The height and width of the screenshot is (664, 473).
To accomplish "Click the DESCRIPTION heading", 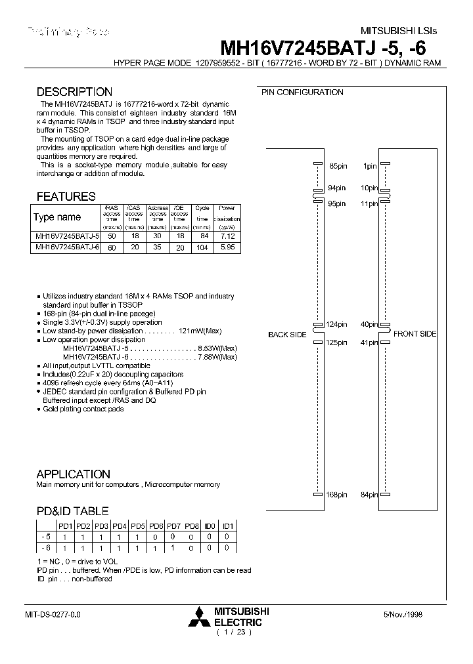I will pyautogui.click(x=74, y=93).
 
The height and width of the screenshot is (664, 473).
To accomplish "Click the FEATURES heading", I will pyautogui.click(x=66, y=197).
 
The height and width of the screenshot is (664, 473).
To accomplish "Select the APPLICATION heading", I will pyautogui.click(x=73, y=474).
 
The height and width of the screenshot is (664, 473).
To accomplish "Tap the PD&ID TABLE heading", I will pyautogui.click(x=72, y=511).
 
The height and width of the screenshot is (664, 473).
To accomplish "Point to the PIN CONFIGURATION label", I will pyautogui.click(x=302, y=93).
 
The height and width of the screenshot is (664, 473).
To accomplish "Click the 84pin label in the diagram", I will pyautogui.click(x=369, y=495).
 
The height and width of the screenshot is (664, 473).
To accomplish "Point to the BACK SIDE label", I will pyautogui.click(x=287, y=335).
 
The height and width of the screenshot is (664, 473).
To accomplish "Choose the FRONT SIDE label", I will pyautogui.click(x=415, y=334).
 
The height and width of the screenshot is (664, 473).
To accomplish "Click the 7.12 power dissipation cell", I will pyautogui.click(x=228, y=236).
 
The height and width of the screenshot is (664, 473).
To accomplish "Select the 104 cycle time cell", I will pyautogui.click(x=202, y=247).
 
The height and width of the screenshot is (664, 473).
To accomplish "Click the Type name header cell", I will pyautogui.click(x=57, y=217).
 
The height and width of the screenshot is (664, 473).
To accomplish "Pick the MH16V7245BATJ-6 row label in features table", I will pyautogui.click(x=66, y=247).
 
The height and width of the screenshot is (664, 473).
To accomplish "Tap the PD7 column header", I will pyautogui.click(x=173, y=526).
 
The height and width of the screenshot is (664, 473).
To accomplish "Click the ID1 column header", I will pyautogui.click(x=228, y=526).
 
